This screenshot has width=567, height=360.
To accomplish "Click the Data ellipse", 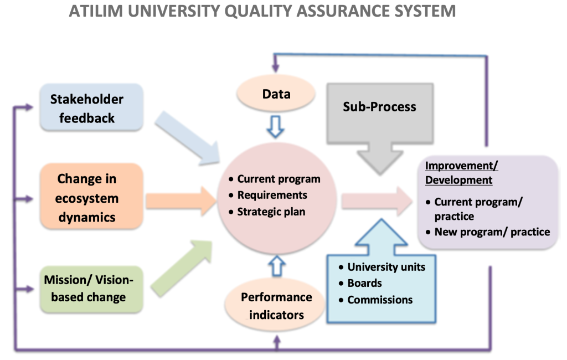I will (x=276, y=94).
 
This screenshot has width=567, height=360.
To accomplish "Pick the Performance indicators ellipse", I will (x=276, y=306).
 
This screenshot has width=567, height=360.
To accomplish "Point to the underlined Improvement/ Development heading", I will (x=458, y=173).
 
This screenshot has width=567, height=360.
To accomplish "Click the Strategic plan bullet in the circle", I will (x=271, y=212).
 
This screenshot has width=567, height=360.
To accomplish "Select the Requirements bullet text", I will (x=272, y=195).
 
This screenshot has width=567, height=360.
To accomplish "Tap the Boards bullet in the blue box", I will (x=364, y=283).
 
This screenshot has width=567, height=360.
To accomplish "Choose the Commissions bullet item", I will (x=380, y=300).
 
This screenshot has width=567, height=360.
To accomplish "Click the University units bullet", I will (x=386, y=267).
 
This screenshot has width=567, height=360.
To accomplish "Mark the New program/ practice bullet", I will (x=492, y=232).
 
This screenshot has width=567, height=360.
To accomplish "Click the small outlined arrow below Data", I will (x=276, y=126).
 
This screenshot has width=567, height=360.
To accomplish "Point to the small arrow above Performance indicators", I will (x=276, y=265).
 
